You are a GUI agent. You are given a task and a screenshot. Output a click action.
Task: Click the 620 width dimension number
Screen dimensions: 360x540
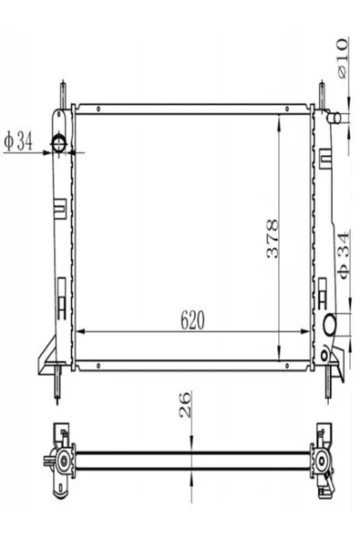pyautogui.click(x=192, y=320)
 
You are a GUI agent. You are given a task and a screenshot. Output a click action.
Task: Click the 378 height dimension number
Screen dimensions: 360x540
pyautogui.click(x=273, y=239)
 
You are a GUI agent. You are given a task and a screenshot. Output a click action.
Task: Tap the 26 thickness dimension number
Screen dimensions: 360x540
pyautogui.click(x=185, y=404)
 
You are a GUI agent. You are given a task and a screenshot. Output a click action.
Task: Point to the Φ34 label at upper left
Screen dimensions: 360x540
pyautogui.click(x=18, y=142)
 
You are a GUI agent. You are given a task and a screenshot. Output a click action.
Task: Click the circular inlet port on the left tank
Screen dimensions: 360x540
pyautogui.click(x=58, y=144)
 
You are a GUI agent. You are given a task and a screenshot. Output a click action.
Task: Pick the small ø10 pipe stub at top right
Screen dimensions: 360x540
pyautogui.click(x=334, y=118)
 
